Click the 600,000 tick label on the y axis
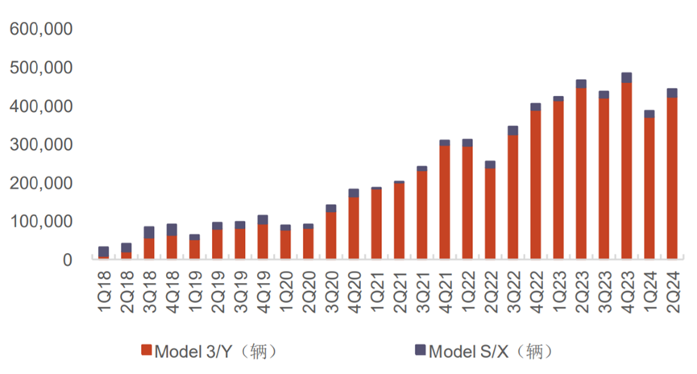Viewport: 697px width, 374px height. [41, 29]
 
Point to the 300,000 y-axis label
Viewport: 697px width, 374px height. [41, 144]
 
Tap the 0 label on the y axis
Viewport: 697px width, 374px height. [68, 260]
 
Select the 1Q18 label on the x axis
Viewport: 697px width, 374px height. [104, 292]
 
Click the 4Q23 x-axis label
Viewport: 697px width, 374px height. [627, 292]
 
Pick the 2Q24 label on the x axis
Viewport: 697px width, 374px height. [673, 292]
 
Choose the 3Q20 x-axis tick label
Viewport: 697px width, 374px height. [332, 292]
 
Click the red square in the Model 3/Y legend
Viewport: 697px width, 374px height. [147, 350]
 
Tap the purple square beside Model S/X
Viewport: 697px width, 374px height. [420, 350]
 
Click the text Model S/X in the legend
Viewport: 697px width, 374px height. [468, 351]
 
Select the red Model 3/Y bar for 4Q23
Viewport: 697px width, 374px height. [627, 171]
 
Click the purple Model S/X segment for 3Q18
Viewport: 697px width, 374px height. [149, 232]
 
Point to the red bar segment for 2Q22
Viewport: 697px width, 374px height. [490, 214]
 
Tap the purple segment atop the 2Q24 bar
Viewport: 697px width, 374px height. [672, 93]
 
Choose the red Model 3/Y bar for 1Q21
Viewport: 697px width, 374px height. [376, 224]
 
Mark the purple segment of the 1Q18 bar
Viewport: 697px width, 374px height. [104, 251]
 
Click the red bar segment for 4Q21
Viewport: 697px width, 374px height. [445, 202]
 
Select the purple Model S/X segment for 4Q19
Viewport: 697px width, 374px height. [263, 220]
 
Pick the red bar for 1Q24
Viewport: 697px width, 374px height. [649, 188]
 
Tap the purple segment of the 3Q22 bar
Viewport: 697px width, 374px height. [513, 131]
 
